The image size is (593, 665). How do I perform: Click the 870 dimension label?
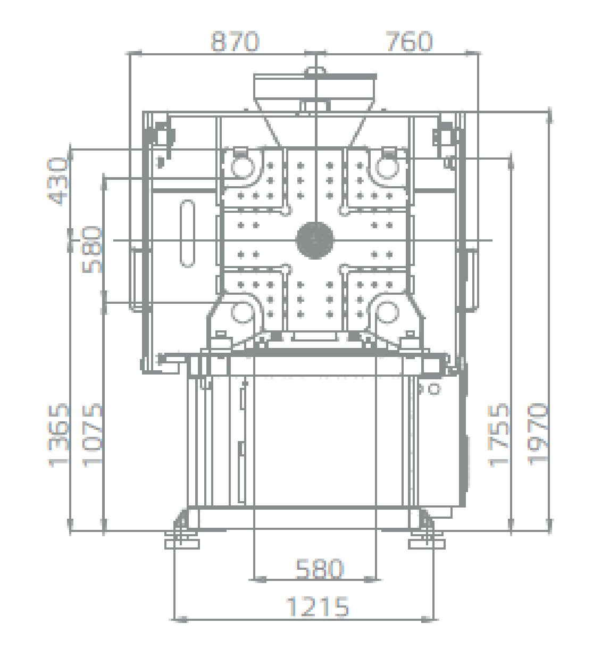(235, 41)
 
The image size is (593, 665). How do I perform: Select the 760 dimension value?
(409, 41)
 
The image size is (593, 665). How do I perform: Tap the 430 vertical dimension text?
(58, 181)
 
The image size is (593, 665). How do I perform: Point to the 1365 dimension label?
(59, 435)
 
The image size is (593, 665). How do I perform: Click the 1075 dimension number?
(92, 435)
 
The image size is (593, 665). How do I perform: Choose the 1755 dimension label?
(498, 435)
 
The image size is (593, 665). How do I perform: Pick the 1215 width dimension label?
(318, 607)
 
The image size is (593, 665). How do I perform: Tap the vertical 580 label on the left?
(92, 250)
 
